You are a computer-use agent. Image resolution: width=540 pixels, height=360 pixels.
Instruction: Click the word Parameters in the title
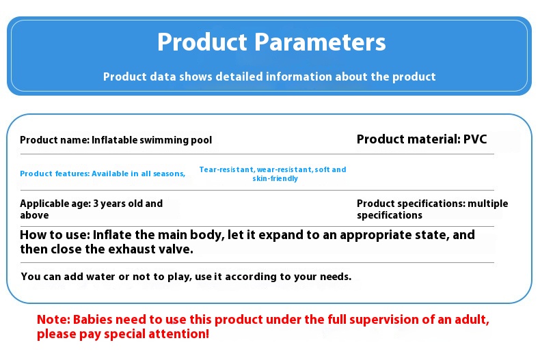click(320, 42)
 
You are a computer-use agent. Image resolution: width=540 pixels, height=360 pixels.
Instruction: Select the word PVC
click(475, 139)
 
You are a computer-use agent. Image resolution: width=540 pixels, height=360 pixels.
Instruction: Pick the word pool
click(202, 140)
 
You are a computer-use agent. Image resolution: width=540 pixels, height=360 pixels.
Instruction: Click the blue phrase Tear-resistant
click(227, 169)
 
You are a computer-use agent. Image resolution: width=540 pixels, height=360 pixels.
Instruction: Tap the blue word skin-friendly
click(275, 178)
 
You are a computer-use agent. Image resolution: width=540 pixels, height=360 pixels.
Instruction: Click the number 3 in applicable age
click(96, 204)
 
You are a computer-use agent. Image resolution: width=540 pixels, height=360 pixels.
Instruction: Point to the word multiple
click(487, 204)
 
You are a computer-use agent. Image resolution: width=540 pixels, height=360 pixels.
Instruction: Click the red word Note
click(53, 320)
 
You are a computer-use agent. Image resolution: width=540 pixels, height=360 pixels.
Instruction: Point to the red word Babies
click(93, 320)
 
